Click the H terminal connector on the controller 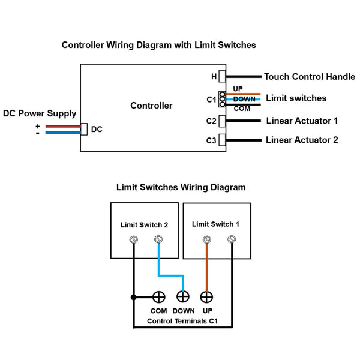click(222, 77)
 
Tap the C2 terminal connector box click(222, 121)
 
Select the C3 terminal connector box click(222, 140)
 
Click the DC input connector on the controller click(85, 129)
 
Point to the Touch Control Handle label click(310, 77)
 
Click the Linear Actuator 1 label click(302, 121)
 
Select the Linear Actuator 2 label click(302, 140)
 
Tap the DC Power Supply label click(40, 113)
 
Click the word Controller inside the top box click(151, 106)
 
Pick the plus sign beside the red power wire click(38, 126)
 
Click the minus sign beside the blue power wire click(38, 133)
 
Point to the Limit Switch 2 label click(144, 225)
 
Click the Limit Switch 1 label click(215, 224)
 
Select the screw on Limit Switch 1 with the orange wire click(207, 240)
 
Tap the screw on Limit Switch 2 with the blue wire click(158, 240)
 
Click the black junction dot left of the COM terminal click(133, 296)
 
